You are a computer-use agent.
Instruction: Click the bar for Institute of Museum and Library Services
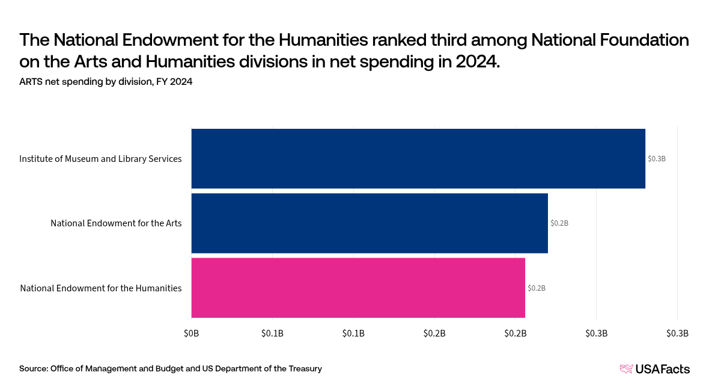(418, 158)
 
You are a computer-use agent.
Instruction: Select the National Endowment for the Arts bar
(370, 223)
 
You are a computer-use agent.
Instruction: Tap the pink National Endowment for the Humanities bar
(358, 288)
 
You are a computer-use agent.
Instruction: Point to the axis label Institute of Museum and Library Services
(100, 159)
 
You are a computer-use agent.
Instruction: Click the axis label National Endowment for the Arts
(116, 223)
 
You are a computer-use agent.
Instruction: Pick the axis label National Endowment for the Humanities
(101, 288)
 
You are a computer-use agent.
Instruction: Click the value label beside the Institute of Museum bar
(656, 159)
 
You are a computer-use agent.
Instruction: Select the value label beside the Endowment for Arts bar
(559, 223)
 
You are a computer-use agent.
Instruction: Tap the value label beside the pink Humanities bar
(536, 288)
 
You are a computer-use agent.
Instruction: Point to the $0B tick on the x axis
(191, 333)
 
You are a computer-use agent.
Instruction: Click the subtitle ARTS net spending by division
(106, 82)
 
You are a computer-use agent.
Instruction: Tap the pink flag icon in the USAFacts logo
(626, 369)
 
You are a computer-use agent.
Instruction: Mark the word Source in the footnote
(33, 368)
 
